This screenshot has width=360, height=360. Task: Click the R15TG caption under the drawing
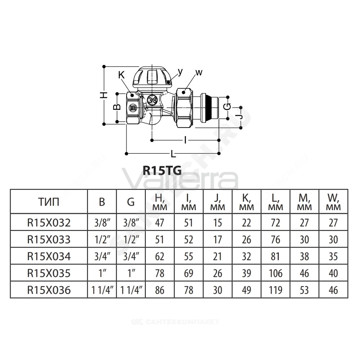coord(162,170)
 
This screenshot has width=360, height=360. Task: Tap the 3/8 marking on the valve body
coord(152,100)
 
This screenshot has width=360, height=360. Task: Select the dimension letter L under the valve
coord(174,154)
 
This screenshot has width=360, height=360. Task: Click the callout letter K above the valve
coord(121,75)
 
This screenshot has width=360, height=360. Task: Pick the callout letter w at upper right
coord(199,73)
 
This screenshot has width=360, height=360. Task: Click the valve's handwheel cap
coord(152,78)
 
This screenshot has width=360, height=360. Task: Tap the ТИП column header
coord(49,202)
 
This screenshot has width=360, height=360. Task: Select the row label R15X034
coord(49,256)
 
